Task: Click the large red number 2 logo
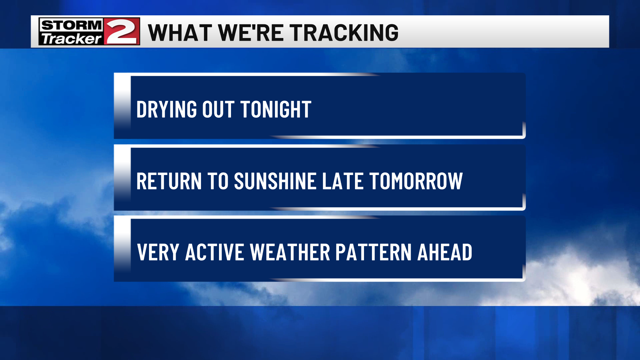click(122, 31)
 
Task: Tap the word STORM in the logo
click(71, 25)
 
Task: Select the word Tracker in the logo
click(71, 39)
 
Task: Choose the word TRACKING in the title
click(344, 33)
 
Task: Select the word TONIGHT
click(276, 109)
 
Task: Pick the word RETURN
click(169, 181)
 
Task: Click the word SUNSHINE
click(275, 181)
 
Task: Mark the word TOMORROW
click(416, 181)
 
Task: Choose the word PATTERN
click(374, 252)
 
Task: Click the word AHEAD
click(445, 252)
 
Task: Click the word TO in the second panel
click(218, 181)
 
